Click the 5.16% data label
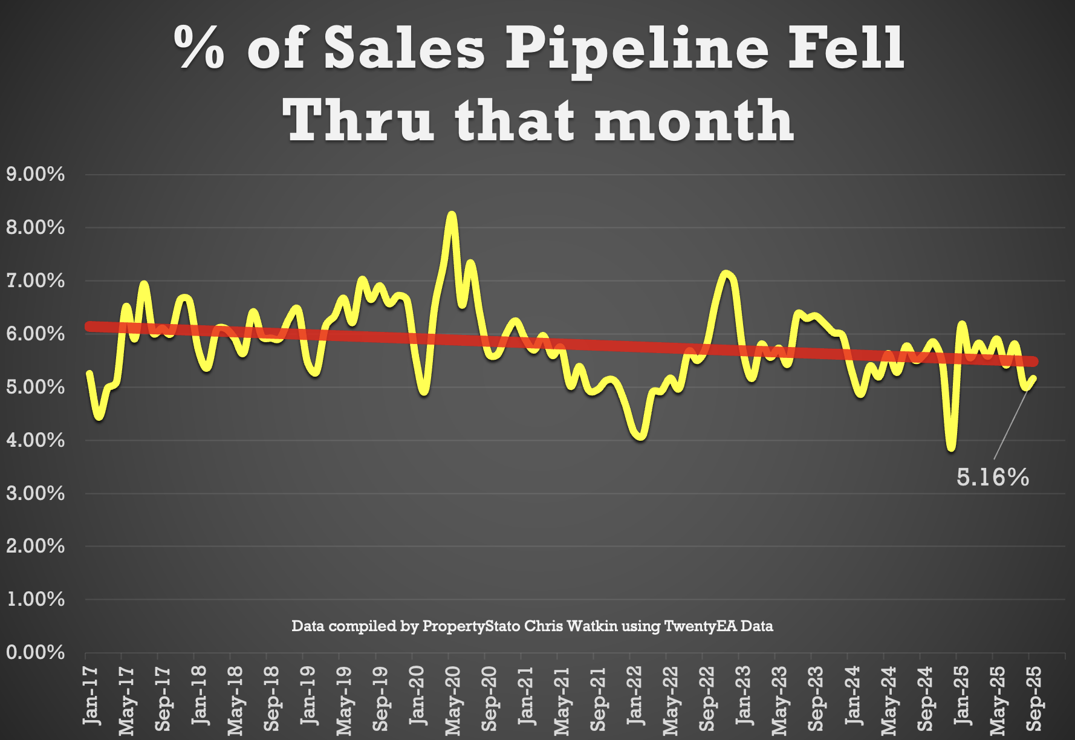point(992,478)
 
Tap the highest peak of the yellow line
point(451,216)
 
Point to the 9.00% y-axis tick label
point(35,175)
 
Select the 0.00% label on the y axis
point(35,652)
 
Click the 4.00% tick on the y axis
point(35,440)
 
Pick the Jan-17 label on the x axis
point(91,695)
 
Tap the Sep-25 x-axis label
point(1034,698)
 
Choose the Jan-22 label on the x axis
point(635,695)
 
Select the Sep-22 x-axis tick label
point(707,698)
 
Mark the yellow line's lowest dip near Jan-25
point(952,447)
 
